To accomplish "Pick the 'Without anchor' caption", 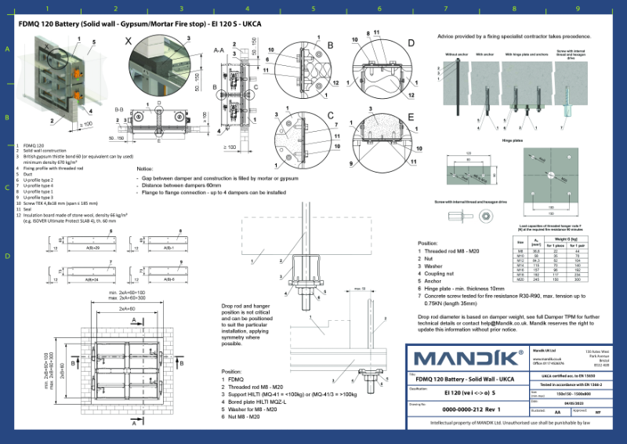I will tap(456, 54).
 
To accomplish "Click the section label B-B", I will tap(119, 110).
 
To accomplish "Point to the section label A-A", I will tap(221, 48).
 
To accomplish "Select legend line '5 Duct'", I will tap(27, 174).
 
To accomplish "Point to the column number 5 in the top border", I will tap(313, 9).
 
